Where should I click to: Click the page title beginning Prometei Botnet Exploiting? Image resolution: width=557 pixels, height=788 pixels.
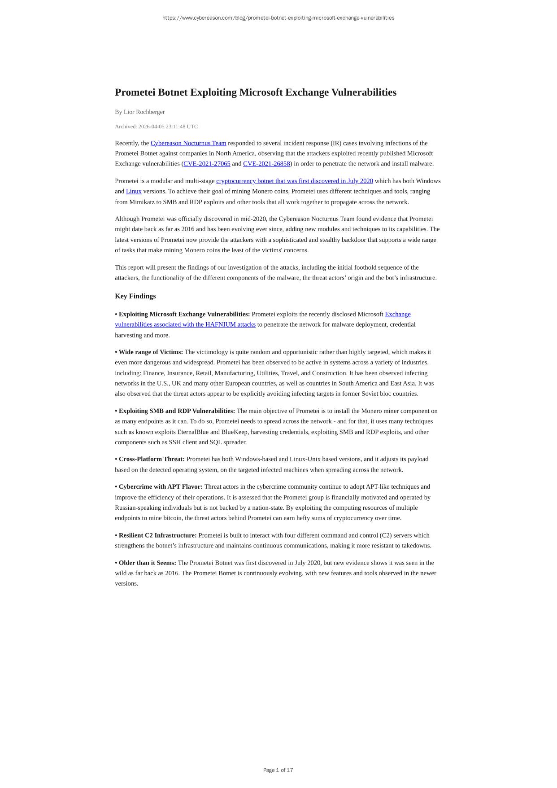[256, 92]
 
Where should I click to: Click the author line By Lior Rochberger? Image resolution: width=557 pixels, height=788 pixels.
[139, 112]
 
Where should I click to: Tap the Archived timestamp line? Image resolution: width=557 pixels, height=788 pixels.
[156, 127]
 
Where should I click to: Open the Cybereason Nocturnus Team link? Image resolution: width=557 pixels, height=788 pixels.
[188, 143]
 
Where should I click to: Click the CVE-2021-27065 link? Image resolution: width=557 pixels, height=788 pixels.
[207, 164]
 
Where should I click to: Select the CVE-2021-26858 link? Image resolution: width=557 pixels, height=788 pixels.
[266, 164]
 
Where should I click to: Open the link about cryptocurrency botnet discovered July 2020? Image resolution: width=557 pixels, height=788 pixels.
[294, 181]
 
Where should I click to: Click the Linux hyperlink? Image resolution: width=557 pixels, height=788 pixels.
[134, 191]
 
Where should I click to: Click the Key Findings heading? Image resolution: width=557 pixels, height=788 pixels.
[135, 296]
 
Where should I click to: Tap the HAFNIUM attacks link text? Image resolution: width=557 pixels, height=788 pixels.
[185, 324]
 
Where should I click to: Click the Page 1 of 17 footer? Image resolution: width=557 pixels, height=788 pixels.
[278, 770]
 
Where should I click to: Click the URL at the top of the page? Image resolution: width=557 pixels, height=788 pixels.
[278, 18]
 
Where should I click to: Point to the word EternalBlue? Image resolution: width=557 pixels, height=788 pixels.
[203, 432]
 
